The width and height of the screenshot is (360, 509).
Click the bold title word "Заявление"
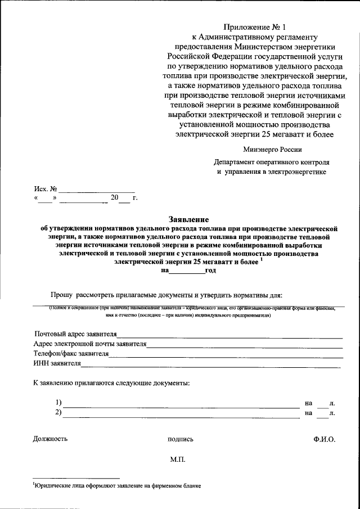click(188, 219)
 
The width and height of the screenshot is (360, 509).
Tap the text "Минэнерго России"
click(272, 149)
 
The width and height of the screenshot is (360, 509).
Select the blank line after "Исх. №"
click(96, 191)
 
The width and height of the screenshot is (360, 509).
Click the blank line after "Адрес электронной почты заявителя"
click(245, 347)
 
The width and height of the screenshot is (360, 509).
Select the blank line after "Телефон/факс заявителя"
click(226, 357)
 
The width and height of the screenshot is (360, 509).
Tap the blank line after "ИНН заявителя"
click(211, 367)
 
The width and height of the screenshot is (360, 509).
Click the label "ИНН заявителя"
click(57, 364)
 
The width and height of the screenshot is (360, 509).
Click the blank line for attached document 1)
click(181, 406)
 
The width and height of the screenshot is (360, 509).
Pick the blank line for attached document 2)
click(181, 417)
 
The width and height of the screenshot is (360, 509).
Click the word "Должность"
click(50, 439)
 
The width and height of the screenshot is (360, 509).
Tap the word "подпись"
click(180, 440)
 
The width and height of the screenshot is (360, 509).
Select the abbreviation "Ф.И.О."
click(325, 439)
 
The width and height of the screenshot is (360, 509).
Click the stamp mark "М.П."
click(178, 460)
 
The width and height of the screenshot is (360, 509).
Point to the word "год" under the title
click(210, 271)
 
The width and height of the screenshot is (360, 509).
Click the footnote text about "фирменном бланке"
click(117, 485)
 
